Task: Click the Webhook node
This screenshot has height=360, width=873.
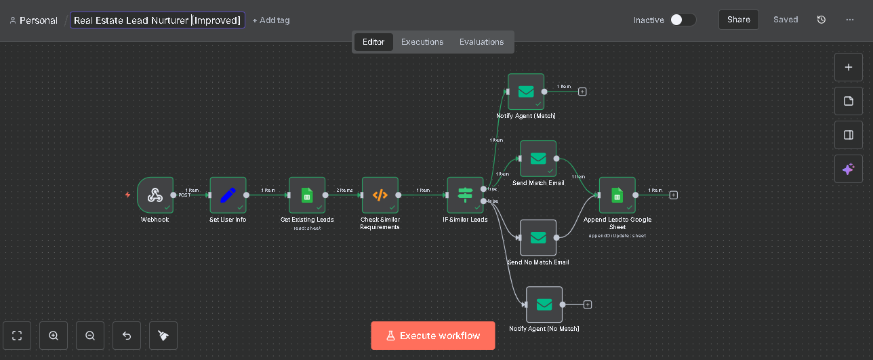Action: pyautogui.click(x=155, y=195)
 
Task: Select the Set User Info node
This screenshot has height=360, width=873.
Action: pyautogui.click(x=228, y=195)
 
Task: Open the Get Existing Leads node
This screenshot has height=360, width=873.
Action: pyautogui.click(x=307, y=195)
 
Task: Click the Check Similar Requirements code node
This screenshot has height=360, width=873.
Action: pyautogui.click(x=380, y=195)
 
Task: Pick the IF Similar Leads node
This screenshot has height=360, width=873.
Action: pyautogui.click(x=465, y=195)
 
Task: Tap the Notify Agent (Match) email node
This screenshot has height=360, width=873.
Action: pyautogui.click(x=526, y=92)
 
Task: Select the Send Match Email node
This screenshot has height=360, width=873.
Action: pyautogui.click(x=538, y=159)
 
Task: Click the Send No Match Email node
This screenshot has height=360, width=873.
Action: pyautogui.click(x=538, y=237)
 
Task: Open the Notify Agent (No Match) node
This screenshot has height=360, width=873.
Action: pyautogui.click(x=544, y=304)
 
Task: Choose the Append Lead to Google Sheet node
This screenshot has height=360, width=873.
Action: pyautogui.click(x=617, y=195)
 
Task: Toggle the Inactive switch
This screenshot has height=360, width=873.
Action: pyautogui.click(x=683, y=20)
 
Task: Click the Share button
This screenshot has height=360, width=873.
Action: pyautogui.click(x=738, y=20)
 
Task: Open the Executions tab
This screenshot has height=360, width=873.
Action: pyautogui.click(x=422, y=42)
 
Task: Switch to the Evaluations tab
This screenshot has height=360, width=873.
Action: pyautogui.click(x=481, y=42)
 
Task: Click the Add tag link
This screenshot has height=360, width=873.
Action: pyautogui.click(x=271, y=20)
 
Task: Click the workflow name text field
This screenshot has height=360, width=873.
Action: pyautogui.click(x=157, y=20)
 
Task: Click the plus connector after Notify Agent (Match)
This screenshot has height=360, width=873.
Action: pyautogui.click(x=582, y=92)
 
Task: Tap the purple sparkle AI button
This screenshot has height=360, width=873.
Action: pyautogui.click(x=848, y=169)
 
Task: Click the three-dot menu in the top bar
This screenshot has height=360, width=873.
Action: pyautogui.click(x=850, y=20)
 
